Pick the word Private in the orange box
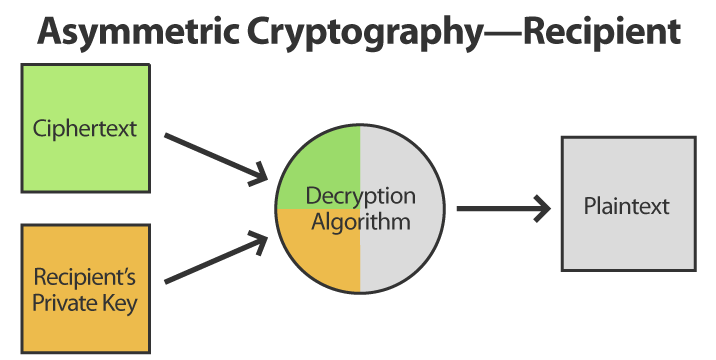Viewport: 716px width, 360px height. (x=66, y=301)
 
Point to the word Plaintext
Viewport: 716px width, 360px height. (x=627, y=207)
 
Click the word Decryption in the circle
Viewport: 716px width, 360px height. (x=360, y=196)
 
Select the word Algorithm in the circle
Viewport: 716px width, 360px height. (x=360, y=221)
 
